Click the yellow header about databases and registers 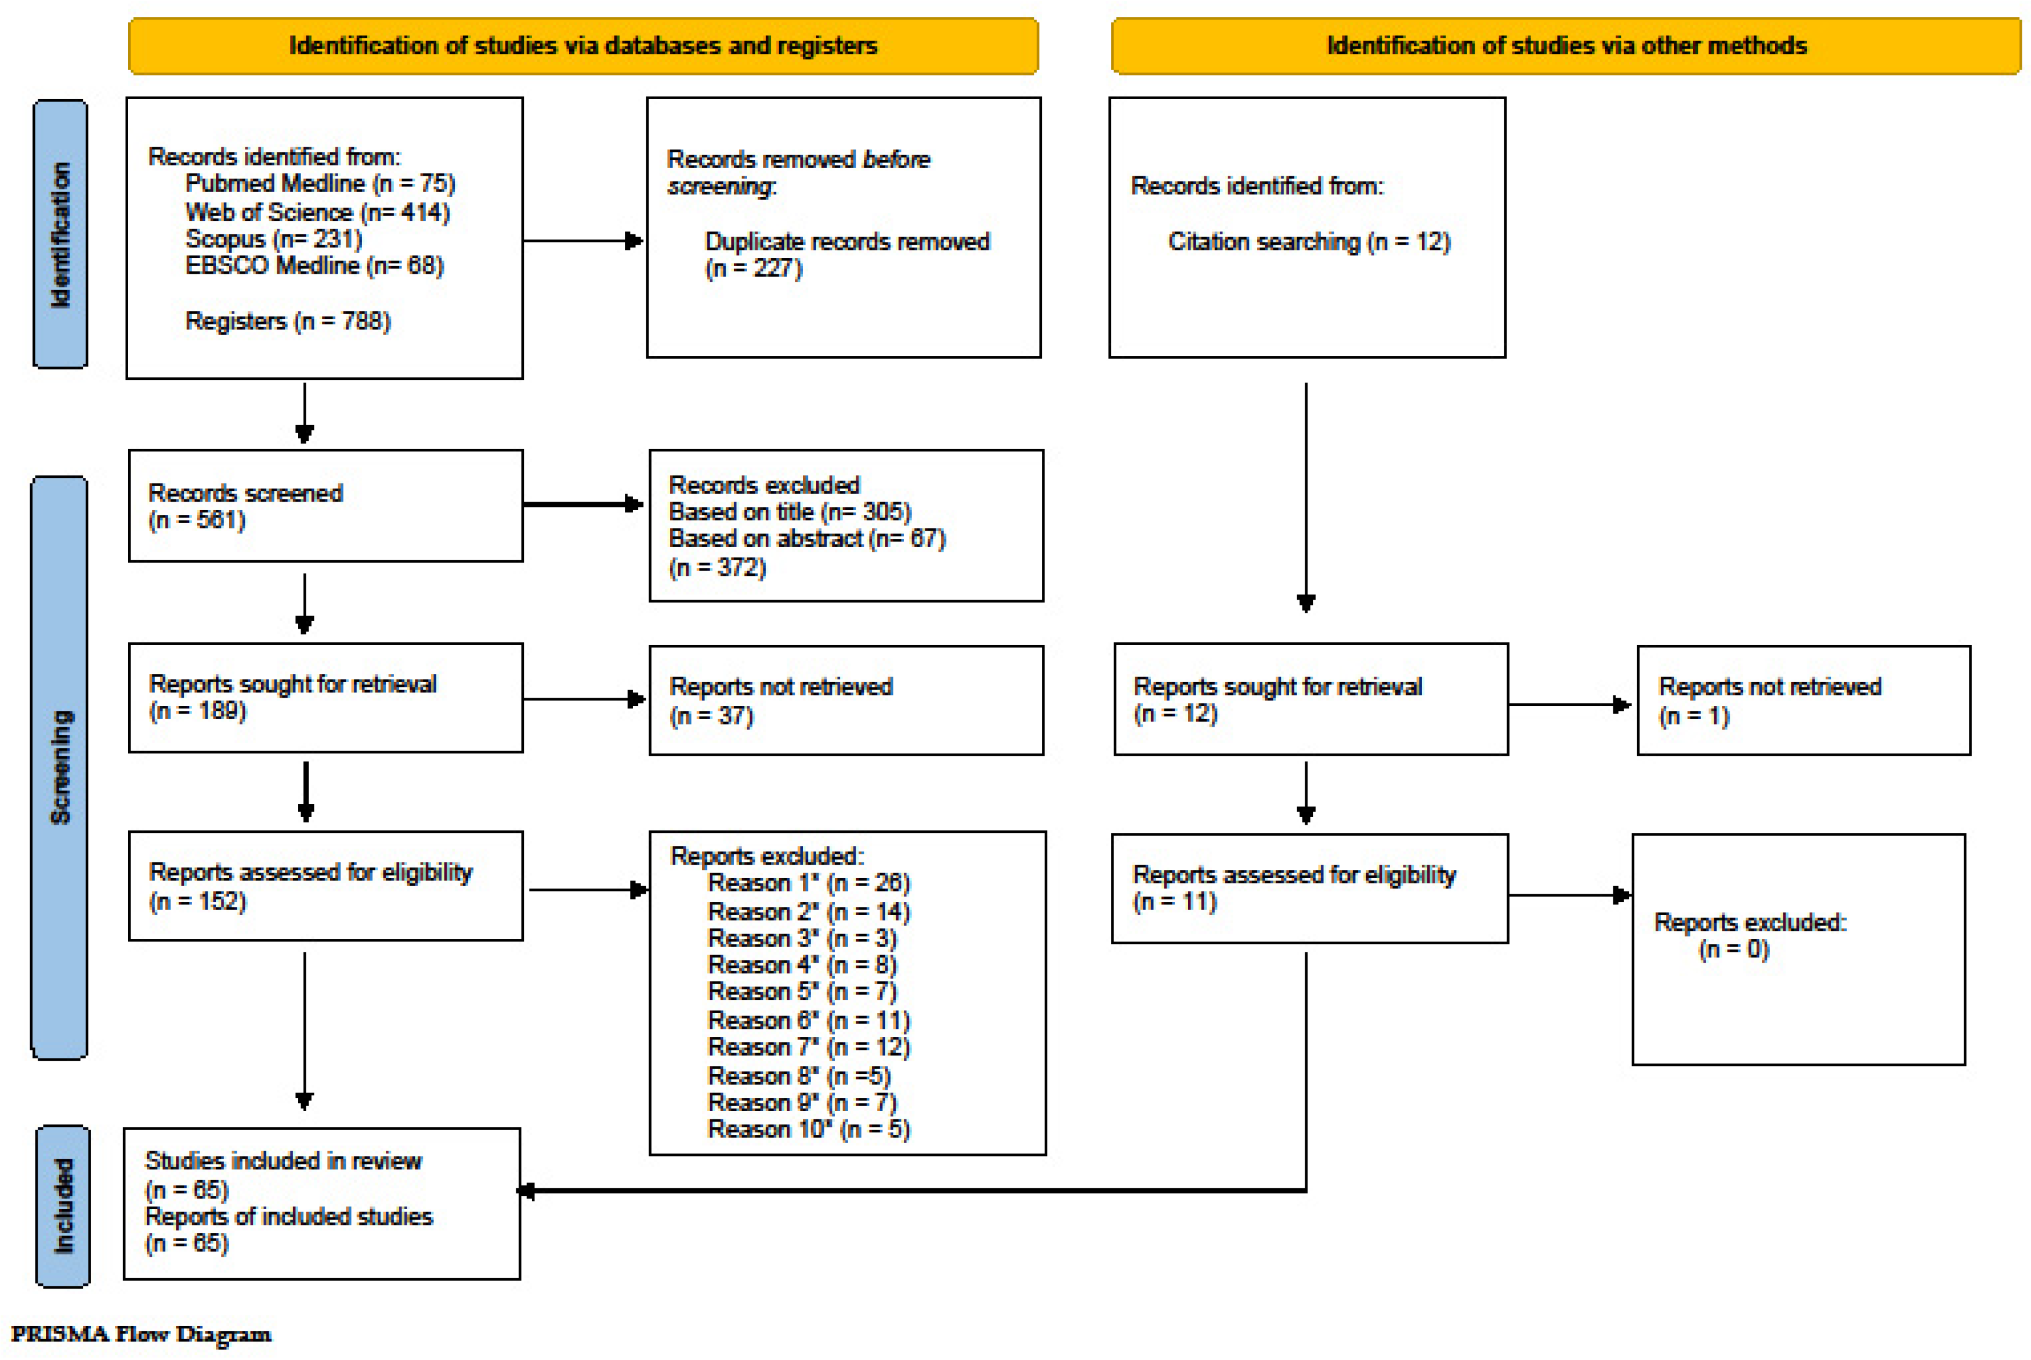pos(583,46)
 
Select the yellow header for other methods pos(1566,46)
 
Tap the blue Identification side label pos(60,234)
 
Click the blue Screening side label pos(60,768)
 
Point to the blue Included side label pos(63,1206)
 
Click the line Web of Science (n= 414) pos(317,212)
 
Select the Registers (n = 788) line pos(288,322)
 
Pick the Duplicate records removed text pos(847,242)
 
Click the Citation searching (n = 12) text pos(1308,242)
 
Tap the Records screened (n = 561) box pos(325,506)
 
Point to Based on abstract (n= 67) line pos(807,539)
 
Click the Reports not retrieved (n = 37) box pos(846,701)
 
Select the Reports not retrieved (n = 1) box pos(1803,701)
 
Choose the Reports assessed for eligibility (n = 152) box pos(325,886)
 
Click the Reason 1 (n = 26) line pos(809,883)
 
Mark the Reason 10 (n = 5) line pos(809,1129)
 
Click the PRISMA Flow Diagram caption pos(140,1334)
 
